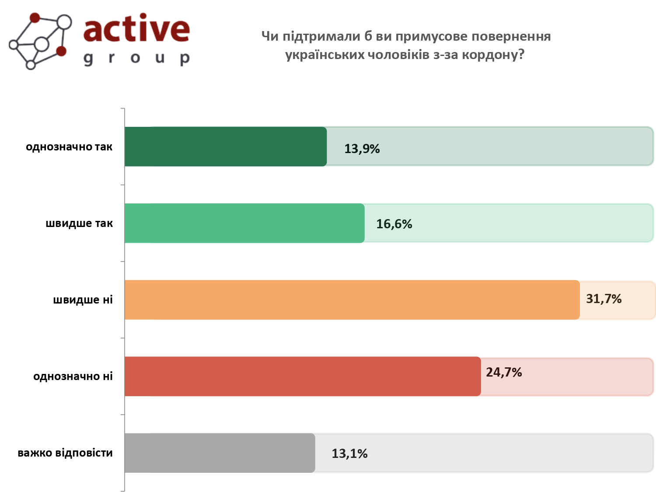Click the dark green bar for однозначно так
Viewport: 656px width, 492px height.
[x=226, y=147]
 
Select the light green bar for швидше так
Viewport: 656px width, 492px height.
[x=244, y=223]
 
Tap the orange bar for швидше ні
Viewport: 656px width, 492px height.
[x=352, y=300]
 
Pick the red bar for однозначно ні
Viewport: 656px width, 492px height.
[x=303, y=376]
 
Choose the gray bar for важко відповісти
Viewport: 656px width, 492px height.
[x=220, y=453]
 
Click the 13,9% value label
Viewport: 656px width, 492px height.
[x=362, y=149]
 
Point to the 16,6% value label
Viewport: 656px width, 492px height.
[x=394, y=224]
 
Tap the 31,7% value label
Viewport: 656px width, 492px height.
[x=604, y=299]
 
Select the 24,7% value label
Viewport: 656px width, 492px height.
[x=504, y=373]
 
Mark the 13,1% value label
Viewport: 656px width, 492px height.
[x=349, y=454]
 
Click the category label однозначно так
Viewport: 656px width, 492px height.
[x=69, y=147]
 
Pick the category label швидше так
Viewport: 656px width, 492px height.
[x=79, y=223]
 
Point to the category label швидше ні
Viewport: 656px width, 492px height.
[x=83, y=300]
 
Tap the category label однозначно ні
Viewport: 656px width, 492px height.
[x=73, y=377]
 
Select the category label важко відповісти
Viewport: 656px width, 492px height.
[x=65, y=453]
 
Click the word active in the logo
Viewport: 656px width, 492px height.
[x=136, y=29]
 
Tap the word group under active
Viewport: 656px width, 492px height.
[x=136, y=58]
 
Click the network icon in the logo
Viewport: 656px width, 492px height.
[x=40, y=41]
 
